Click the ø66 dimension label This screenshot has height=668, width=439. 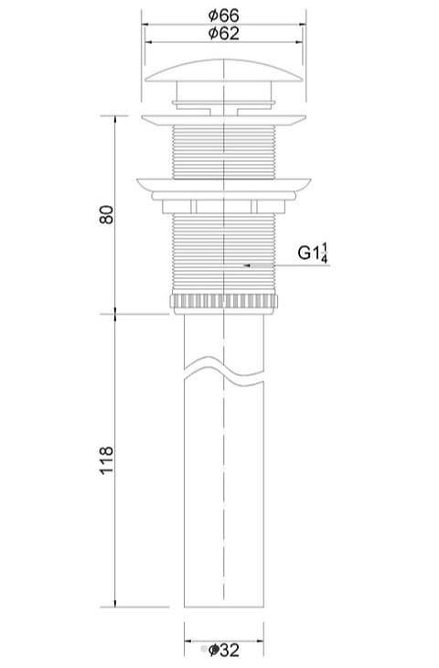click(223, 16)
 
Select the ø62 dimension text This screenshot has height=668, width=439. click(223, 33)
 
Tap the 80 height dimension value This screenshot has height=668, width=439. click(106, 214)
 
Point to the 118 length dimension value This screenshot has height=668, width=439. click(106, 460)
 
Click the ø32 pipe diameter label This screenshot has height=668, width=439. click(223, 650)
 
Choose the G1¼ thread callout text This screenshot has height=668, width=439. click(313, 253)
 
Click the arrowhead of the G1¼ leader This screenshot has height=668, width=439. click(247, 265)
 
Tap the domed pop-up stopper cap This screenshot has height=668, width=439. click(223, 70)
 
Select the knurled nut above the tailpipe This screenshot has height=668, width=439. click(223, 302)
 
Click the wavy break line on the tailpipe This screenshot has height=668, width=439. click(223, 370)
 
